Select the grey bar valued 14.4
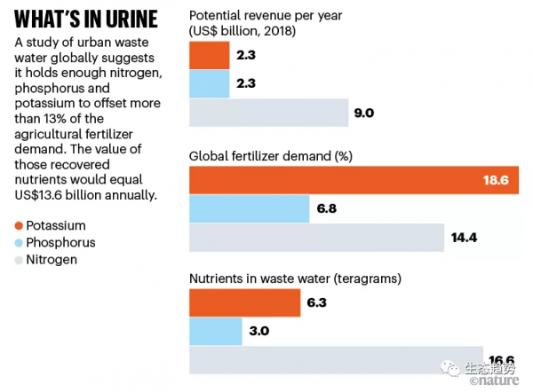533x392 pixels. [316, 237]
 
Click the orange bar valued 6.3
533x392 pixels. [244, 303]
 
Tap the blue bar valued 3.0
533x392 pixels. [216, 332]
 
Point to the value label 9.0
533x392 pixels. [364, 113]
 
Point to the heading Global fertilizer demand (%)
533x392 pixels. [271, 156]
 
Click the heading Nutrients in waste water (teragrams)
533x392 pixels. [295, 278]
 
